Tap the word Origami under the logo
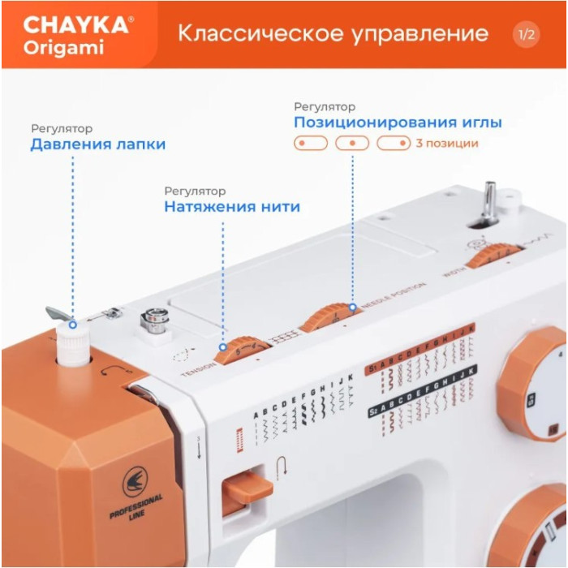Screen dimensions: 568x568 (x=62, y=48)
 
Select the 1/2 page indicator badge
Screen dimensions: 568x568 (x=527, y=34)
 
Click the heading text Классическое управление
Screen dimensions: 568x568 (x=333, y=33)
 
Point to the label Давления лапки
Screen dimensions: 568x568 (x=98, y=144)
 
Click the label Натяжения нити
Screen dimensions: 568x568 (x=232, y=207)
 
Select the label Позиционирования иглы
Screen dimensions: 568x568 (x=398, y=123)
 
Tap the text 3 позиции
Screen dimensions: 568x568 (x=446, y=144)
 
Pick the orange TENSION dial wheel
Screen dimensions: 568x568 (x=237, y=350)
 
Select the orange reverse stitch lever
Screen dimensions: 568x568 (x=247, y=487)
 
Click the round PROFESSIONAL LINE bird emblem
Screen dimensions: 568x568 (x=136, y=486)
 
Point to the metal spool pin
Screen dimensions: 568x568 (x=490, y=199)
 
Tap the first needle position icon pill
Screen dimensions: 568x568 (x=310, y=144)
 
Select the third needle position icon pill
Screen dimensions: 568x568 (x=394, y=144)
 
